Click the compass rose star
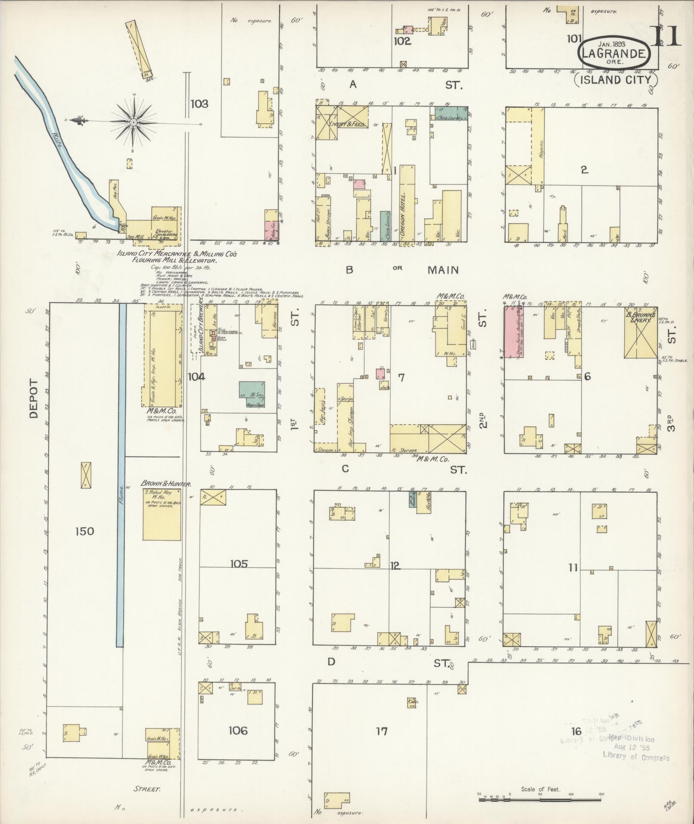click(x=134, y=122)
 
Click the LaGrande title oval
click(x=613, y=53)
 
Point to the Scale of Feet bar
click(x=540, y=799)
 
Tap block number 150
click(x=84, y=531)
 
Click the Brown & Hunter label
click(x=166, y=484)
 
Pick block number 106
click(x=238, y=731)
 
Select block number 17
click(x=382, y=731)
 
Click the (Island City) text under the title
click(x=617, y=79)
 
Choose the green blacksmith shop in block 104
click(x=252, y=395)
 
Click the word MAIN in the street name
click(x=443, y=270)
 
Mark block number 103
click(x=200, y=104)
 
